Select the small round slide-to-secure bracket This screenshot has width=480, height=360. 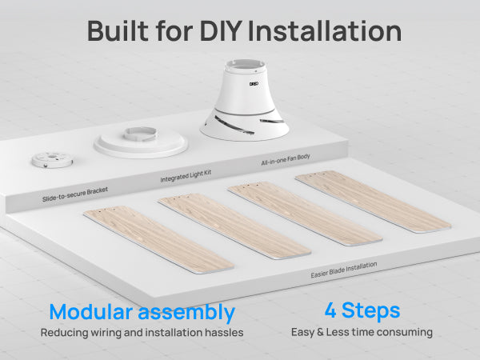point(52,159)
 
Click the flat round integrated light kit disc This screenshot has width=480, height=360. point(141,141)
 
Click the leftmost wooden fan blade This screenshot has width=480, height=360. point(158,238)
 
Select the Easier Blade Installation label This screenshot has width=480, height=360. point(344,270)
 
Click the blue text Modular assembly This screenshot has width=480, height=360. point(142,312)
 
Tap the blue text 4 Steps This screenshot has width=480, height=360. point(362,310)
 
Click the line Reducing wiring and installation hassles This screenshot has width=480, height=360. point(142,332)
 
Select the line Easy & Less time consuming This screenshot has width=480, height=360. point(362,332)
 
